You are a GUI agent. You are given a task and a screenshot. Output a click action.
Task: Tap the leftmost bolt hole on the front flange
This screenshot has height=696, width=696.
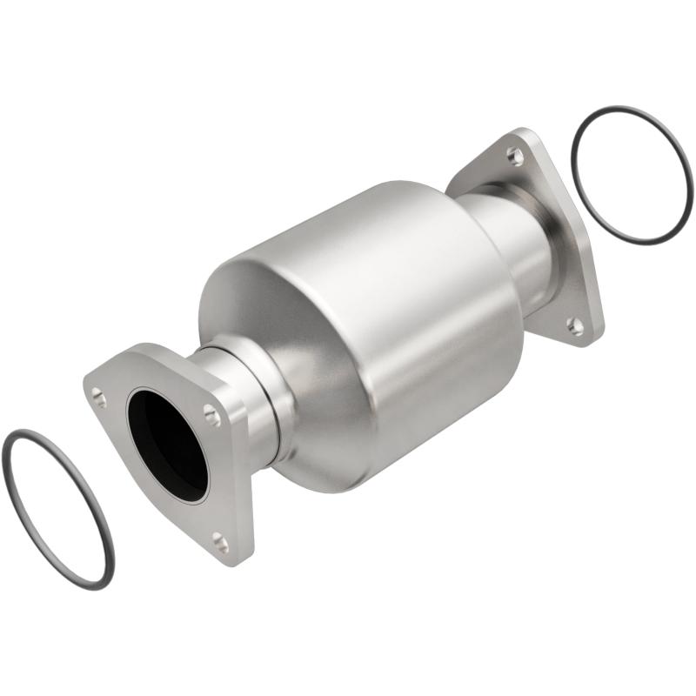pos(99,398)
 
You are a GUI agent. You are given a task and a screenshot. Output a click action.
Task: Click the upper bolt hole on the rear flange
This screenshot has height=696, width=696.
pos(515,157)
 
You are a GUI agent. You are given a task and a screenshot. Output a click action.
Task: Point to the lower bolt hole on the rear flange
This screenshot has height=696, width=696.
pos(576,326)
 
